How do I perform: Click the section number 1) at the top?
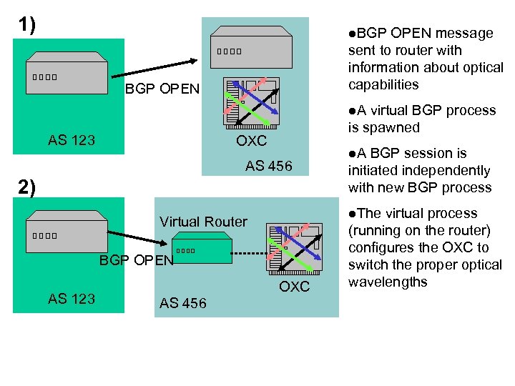(26, 26)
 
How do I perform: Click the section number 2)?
(26, 187)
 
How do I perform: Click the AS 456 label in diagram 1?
(268, 166)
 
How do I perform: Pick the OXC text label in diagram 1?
(251, 141)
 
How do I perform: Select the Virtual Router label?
(203, 222)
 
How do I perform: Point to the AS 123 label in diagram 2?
(72, 299)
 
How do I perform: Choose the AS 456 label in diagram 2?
(183, 303)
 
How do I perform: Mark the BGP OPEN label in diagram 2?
(136, 260)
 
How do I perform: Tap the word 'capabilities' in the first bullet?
(383, 84)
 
